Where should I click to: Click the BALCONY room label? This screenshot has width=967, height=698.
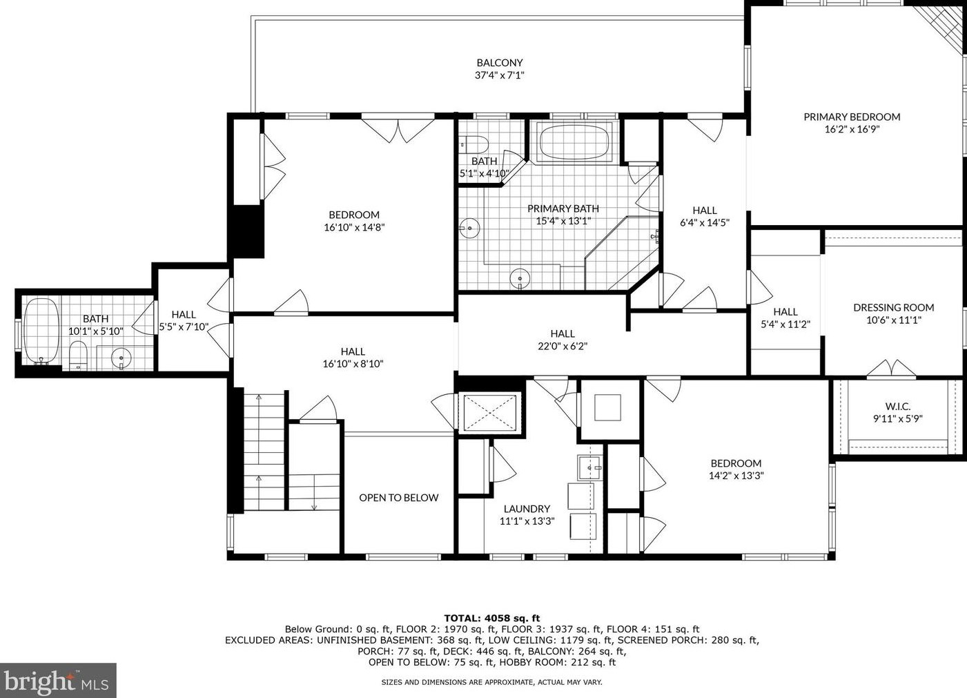click(x=499, y=63)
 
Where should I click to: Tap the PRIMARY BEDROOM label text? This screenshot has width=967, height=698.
click(x=852, y=117)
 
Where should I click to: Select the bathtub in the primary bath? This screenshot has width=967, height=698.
click(x=576, y=143)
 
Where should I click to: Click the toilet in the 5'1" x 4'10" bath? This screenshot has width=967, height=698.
click(x=476, y=144)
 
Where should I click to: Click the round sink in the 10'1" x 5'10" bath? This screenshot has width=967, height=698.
click(x=121, y=358)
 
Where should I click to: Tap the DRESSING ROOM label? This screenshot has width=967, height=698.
click(x=893, y=307)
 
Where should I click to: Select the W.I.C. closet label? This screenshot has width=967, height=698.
click(x=897, y=406)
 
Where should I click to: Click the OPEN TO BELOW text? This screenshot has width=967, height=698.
click(x=398, y=498)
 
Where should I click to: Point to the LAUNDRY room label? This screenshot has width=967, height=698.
click(x=527, y=509)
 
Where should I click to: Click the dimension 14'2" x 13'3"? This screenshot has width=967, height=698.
click(x=736, y=476)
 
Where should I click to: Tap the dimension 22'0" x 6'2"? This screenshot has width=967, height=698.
click(x=563, y=347)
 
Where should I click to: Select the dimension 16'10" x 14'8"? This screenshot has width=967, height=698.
click(x=354, y=227)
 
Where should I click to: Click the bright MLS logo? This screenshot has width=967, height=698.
click(x=58, y=681)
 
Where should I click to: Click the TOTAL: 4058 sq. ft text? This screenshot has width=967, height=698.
click(x=491, y=619)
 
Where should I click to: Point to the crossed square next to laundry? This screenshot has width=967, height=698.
click(x=489, y=413)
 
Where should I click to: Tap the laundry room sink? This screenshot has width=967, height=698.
click(x=589, y=467)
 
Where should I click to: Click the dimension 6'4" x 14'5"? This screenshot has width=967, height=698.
click(x=705, y=223)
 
